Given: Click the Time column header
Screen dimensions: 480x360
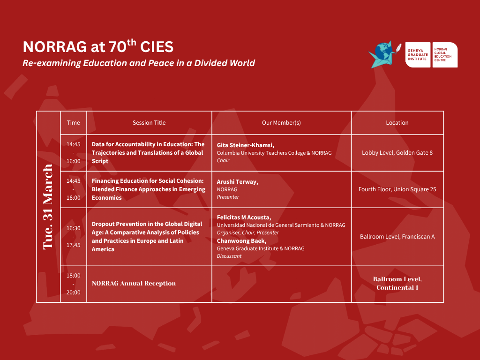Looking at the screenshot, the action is [x=74, y=123].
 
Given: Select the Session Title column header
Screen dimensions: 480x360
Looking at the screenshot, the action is [x=149, y=123].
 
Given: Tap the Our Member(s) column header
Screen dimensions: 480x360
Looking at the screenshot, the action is [x=281, y=123].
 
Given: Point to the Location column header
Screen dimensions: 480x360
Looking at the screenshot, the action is [x=397, y=123].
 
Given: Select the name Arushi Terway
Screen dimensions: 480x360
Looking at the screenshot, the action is [x=238, y=182].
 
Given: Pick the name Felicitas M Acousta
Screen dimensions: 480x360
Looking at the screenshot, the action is [x=244, y=217].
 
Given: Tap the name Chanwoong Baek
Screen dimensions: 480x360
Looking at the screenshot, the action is [x=241, y=241].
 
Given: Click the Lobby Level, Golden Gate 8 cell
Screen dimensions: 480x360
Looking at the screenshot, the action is [x=397, y=153].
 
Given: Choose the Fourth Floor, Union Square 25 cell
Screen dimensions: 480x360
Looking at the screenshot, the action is [x=397, y=189].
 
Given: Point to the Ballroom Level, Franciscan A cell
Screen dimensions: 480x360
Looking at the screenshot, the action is [x=397, y=237].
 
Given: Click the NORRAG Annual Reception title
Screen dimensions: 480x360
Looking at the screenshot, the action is [x=134, y=284].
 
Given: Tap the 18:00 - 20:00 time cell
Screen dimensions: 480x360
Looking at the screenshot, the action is [x=74, y=284].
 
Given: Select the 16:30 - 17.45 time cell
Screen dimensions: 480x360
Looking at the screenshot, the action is [x=74, y=237].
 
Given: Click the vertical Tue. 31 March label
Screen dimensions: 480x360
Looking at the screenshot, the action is [x=48, y=207].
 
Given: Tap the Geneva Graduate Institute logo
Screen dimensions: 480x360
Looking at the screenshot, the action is [x=418, y=55].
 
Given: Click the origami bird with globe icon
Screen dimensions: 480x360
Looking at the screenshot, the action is [x=384, y=55].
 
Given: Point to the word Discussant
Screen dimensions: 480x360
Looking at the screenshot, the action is [x=229, y=256].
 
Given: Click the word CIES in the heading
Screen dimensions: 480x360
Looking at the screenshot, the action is [x=157, y=47].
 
